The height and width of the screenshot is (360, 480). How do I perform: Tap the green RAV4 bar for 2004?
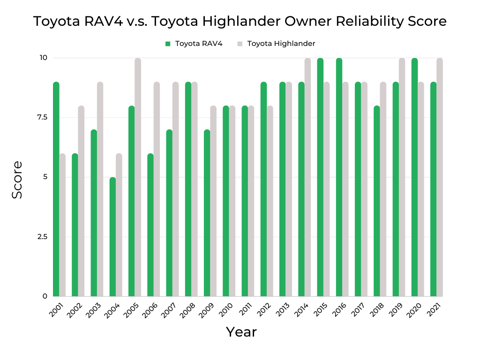112,237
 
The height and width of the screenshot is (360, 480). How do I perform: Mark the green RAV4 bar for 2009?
207,213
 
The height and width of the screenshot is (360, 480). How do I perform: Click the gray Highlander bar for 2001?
62,225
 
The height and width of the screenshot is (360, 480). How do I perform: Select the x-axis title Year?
241,332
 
